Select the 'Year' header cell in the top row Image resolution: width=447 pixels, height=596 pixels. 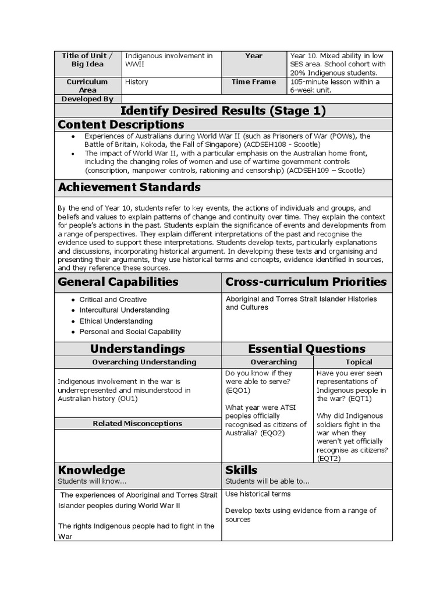[254, 56]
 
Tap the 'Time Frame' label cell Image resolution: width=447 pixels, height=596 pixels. [254, 82]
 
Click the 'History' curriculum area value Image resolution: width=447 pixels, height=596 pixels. [137, 82]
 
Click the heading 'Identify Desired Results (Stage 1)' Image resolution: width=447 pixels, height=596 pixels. [223, 111]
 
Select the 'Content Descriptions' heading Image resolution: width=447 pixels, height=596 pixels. [121, 125]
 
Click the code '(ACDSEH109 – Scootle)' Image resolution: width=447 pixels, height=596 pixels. [325, 171]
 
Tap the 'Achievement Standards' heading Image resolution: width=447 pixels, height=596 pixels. [129, 187]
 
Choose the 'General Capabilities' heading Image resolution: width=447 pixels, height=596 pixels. [118, 282]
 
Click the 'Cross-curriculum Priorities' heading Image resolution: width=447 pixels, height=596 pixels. [306, 282]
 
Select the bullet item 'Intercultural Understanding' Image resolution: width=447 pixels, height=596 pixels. [125, 310]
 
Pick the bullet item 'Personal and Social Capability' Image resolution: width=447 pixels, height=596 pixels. [130, 331]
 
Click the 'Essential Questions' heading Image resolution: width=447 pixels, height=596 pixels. [307, 349]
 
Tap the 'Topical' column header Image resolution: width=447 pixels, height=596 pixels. [359, 362]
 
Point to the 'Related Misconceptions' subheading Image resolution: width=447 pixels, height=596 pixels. [137, 424]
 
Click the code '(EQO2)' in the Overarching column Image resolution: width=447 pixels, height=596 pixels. [273, 433]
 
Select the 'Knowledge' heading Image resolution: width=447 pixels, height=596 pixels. [91, 470]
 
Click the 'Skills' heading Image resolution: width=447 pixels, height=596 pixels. [241, 470]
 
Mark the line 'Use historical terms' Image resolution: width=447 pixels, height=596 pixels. [258, 494]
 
